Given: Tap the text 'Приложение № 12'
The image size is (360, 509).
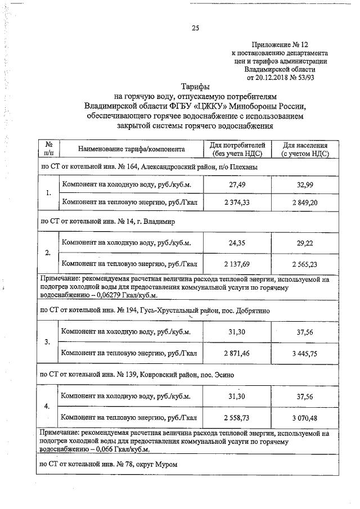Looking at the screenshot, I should [280, 44].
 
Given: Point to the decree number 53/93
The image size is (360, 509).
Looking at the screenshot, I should [304, 78].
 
